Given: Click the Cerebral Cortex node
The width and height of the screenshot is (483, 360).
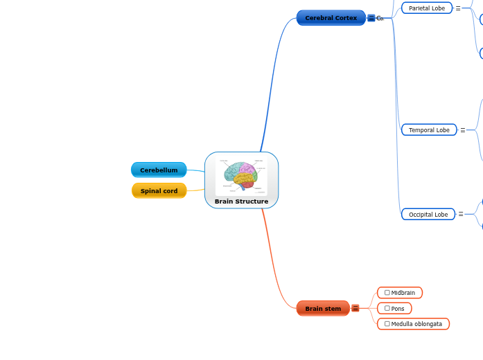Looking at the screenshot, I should click(x=331, y=18).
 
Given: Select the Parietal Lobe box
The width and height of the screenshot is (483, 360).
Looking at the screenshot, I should click(x=427, y=8).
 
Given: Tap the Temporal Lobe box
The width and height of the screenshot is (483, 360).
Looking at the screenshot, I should click(x=429, y=130).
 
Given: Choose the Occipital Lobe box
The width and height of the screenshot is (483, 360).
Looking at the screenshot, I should click(x=428, y=215).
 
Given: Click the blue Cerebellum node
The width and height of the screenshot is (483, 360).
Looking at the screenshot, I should click(x=159, y=170).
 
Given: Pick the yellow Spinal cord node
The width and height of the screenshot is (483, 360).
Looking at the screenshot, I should click(x=159, y=191).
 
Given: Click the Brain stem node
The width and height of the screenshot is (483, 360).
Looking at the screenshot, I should click(x=323, y=309).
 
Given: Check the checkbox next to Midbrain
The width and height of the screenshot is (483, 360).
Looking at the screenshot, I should click(x=387, y=293).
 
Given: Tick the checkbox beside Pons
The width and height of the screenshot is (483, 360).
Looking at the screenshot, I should click(x=387, y=309).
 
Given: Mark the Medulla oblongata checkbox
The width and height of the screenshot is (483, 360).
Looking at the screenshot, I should click(x=387, y=324).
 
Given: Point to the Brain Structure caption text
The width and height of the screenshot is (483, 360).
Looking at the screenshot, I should click(x=241, y=201).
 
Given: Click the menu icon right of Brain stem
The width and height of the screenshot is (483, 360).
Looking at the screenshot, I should click(x=355, y=309).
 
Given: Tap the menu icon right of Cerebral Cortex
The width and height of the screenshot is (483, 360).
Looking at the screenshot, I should click(x=371, y=18).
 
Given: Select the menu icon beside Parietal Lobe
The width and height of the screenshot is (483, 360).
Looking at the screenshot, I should click(x=458, y=8).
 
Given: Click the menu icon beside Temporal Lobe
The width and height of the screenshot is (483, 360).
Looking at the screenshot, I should click(x=463, y=130).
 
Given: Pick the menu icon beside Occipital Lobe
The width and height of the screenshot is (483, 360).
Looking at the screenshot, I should click(x=461, y=215).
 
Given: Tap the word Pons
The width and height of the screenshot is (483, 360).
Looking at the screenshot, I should click(x=398, y=309).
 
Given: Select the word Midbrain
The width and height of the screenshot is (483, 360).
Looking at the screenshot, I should click(x=403, y=293).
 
